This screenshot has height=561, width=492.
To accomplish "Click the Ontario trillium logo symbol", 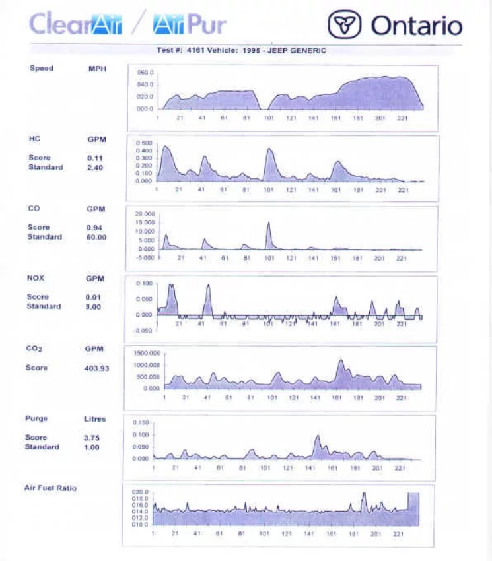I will (x=345, y=26).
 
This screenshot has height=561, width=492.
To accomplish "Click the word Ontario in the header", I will (x=416, y=26).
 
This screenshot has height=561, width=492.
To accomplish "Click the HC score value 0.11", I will (x=94, y=158).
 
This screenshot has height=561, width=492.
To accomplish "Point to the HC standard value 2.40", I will (x=94, y=168).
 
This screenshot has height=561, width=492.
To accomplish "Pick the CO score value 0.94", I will (x=95, y=228).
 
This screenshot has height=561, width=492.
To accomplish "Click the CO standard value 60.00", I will (x=96, y=237).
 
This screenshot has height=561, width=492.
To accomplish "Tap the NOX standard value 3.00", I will (x=95, y=306).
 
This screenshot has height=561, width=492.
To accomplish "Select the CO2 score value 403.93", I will (x=97, y=368).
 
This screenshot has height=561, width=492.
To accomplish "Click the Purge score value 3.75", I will (x=91, y=438).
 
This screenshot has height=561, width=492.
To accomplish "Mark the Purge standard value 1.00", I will (x=91, y=447).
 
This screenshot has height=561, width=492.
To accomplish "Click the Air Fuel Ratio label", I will (x=50, y=488).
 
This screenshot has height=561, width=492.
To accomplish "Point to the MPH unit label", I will (x=97, y=68).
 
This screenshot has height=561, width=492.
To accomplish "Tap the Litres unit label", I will (x=94, y=418).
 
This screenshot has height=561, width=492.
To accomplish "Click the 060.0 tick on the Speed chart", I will (x=145, y=72).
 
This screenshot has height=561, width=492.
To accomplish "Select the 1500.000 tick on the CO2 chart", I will (x=147, y=353).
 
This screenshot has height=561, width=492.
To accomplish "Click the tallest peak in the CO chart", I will (x=269, y=223).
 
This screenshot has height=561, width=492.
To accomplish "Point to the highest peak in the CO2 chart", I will (x=341, y=360).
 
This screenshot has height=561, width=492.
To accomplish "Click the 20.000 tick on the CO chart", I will (x=145, y=214).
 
